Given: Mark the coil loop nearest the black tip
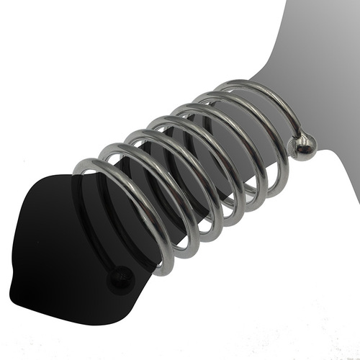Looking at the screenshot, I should (x=130, y=209).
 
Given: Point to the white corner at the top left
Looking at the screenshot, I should (x=29, y=29).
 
